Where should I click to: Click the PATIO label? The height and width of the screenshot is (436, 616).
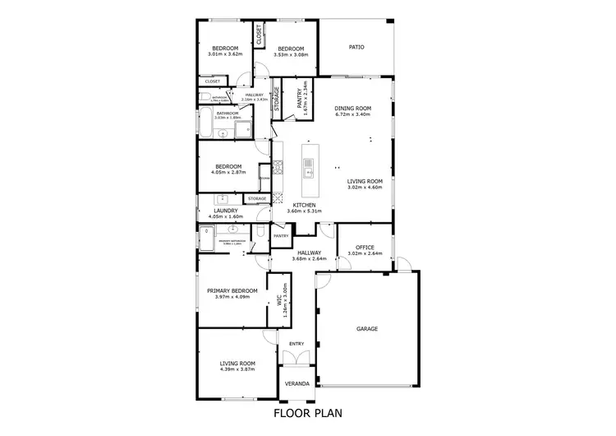coord(356,47)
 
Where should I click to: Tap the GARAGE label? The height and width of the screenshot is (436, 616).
coord(366,328)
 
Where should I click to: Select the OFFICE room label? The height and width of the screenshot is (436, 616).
coord(366,248)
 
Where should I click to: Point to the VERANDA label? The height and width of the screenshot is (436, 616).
coord(297,384)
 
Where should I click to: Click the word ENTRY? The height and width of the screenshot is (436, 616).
coord(296,344)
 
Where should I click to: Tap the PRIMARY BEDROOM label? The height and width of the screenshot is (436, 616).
coord(232,290)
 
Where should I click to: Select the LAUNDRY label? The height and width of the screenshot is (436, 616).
coord(225,211)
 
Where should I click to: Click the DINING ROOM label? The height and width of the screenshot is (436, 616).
coord(353,109)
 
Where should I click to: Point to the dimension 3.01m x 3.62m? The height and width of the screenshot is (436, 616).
coord(225,55)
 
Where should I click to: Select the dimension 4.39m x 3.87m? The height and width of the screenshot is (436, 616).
coord(237,369)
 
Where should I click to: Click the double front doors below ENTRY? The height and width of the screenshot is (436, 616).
coord(297,358)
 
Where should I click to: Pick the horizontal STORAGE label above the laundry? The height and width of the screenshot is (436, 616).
coord(257,198)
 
